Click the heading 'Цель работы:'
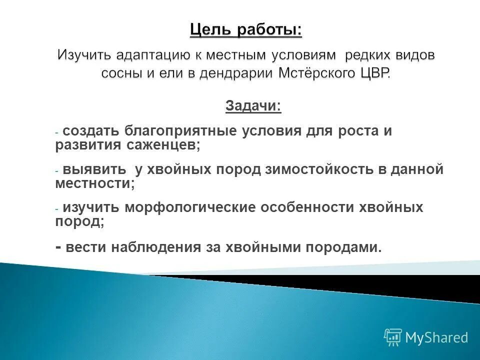click(245, 30)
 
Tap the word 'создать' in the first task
click(90, 131)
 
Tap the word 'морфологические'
click(192, 207)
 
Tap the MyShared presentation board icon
click(393, 337)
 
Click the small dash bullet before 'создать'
click(57, 132)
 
